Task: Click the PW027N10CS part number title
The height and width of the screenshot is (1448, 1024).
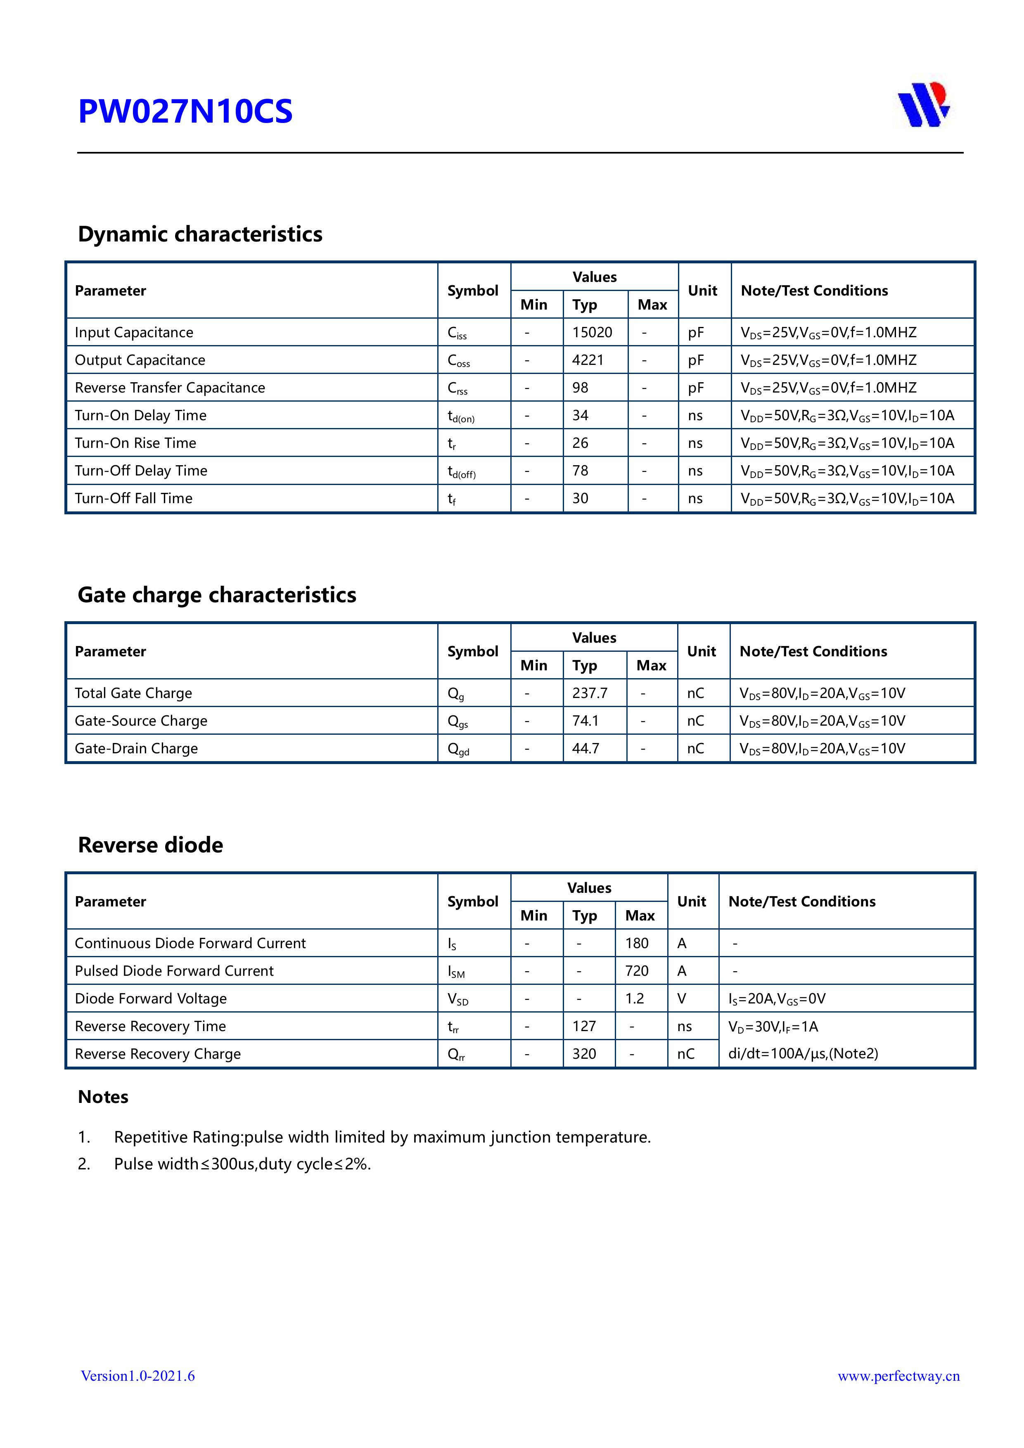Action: (x=185, y=111)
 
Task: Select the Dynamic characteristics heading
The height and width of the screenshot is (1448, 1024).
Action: (x=200, y=234)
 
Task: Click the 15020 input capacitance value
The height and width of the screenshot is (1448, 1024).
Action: (x=592, y=332)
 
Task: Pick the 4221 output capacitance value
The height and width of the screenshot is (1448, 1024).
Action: (x=588, y=360)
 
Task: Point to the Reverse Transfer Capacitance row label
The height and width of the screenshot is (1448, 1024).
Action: (x=170, y=388)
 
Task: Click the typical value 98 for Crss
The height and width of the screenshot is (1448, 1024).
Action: (x=580, y=388)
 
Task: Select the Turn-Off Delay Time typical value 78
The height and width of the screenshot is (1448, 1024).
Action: (x=580, y=471)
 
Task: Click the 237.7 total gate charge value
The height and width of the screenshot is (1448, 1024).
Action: (x=589, y=693)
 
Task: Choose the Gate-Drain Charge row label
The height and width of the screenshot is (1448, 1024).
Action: (x=136, y=749)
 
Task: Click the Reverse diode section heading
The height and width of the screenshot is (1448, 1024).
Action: (x=150, y=845)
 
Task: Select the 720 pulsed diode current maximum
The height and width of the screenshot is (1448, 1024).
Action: (x=637, y=970)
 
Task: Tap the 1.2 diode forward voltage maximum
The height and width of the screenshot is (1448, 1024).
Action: (x=634, y=998)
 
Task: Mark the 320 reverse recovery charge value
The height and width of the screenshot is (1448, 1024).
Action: (x=583, y=1054)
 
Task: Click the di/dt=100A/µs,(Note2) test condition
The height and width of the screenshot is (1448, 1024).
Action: (x=803, y=1053)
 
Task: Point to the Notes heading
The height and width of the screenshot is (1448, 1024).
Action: (x=103, y=1097)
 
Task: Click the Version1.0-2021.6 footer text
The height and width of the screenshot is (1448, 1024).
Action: (x=137, y=1375)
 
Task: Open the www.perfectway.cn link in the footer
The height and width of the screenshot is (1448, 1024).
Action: (x=898, y=1375)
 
